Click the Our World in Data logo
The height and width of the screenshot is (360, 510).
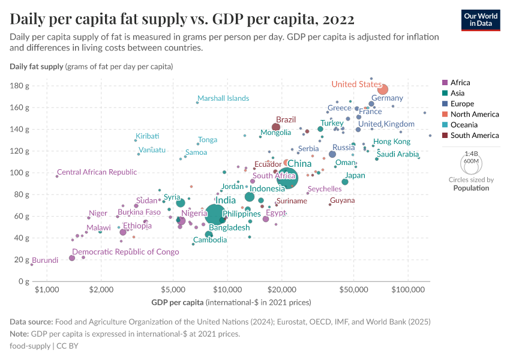coord(481,19)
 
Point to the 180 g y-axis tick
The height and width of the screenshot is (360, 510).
coord(20,86)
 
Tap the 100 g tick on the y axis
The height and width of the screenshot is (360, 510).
coord(20,173)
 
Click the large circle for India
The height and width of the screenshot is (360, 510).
coord(216,214)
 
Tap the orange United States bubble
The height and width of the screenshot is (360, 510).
coord(382,89)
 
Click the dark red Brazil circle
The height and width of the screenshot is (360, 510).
coord(276,127)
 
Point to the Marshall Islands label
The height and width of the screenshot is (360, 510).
coord(223,98)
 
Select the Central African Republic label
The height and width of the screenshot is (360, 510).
coord(97,172)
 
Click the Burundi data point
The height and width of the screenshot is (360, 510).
coord(32,264)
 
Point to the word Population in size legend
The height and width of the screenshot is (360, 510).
coord(471,188)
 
